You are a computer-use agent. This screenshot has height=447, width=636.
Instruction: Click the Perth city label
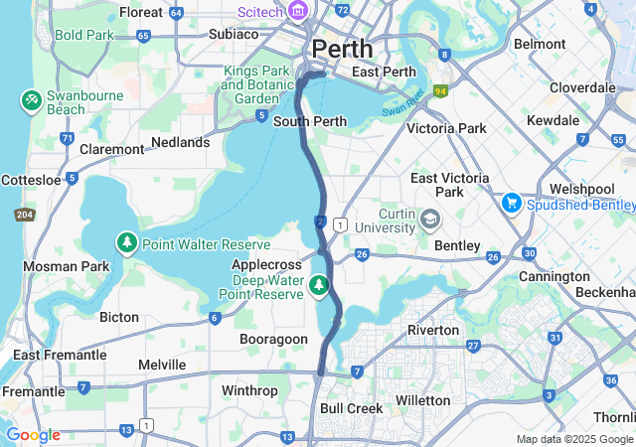343,48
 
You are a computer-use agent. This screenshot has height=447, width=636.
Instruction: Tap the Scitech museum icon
297,11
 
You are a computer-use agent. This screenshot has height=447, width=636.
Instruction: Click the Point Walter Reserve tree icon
127,243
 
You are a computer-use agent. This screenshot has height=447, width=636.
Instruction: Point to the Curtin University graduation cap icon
429,218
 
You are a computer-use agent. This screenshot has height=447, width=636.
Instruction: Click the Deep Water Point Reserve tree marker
319,286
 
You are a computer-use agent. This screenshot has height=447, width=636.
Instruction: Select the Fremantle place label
34,391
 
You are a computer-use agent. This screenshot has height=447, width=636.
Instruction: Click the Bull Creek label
351,408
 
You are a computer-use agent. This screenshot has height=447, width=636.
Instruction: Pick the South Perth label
310,122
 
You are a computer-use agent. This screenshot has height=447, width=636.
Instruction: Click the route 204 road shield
24,215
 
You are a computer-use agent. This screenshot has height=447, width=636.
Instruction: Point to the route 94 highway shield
439,90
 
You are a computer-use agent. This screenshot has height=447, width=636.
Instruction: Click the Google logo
33,435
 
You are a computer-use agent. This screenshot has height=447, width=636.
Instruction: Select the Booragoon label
274,339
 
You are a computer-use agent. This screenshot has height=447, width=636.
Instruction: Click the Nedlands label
180,142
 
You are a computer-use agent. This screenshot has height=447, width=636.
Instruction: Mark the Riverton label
432,329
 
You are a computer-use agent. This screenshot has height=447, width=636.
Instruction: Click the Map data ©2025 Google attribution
574,439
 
